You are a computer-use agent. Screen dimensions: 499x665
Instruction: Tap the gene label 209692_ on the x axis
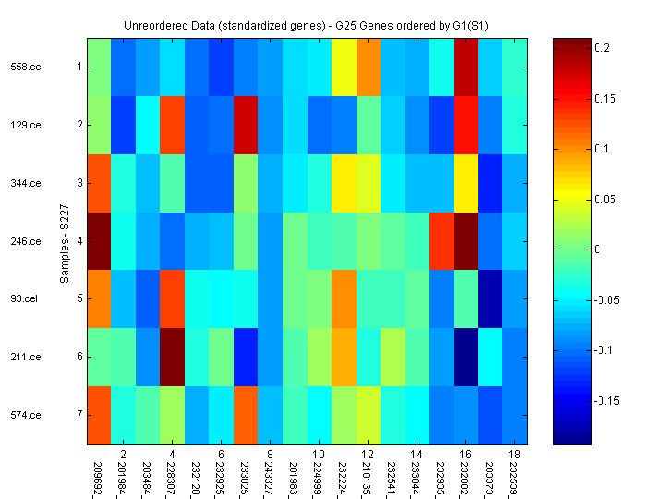(98, 477)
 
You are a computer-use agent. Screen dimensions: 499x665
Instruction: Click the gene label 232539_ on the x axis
(512, 477)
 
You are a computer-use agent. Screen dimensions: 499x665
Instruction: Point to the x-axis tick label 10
(318, 455)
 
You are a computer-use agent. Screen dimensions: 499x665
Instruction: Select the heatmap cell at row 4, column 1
(99, 241)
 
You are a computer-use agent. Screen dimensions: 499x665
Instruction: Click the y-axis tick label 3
(79, 183)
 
